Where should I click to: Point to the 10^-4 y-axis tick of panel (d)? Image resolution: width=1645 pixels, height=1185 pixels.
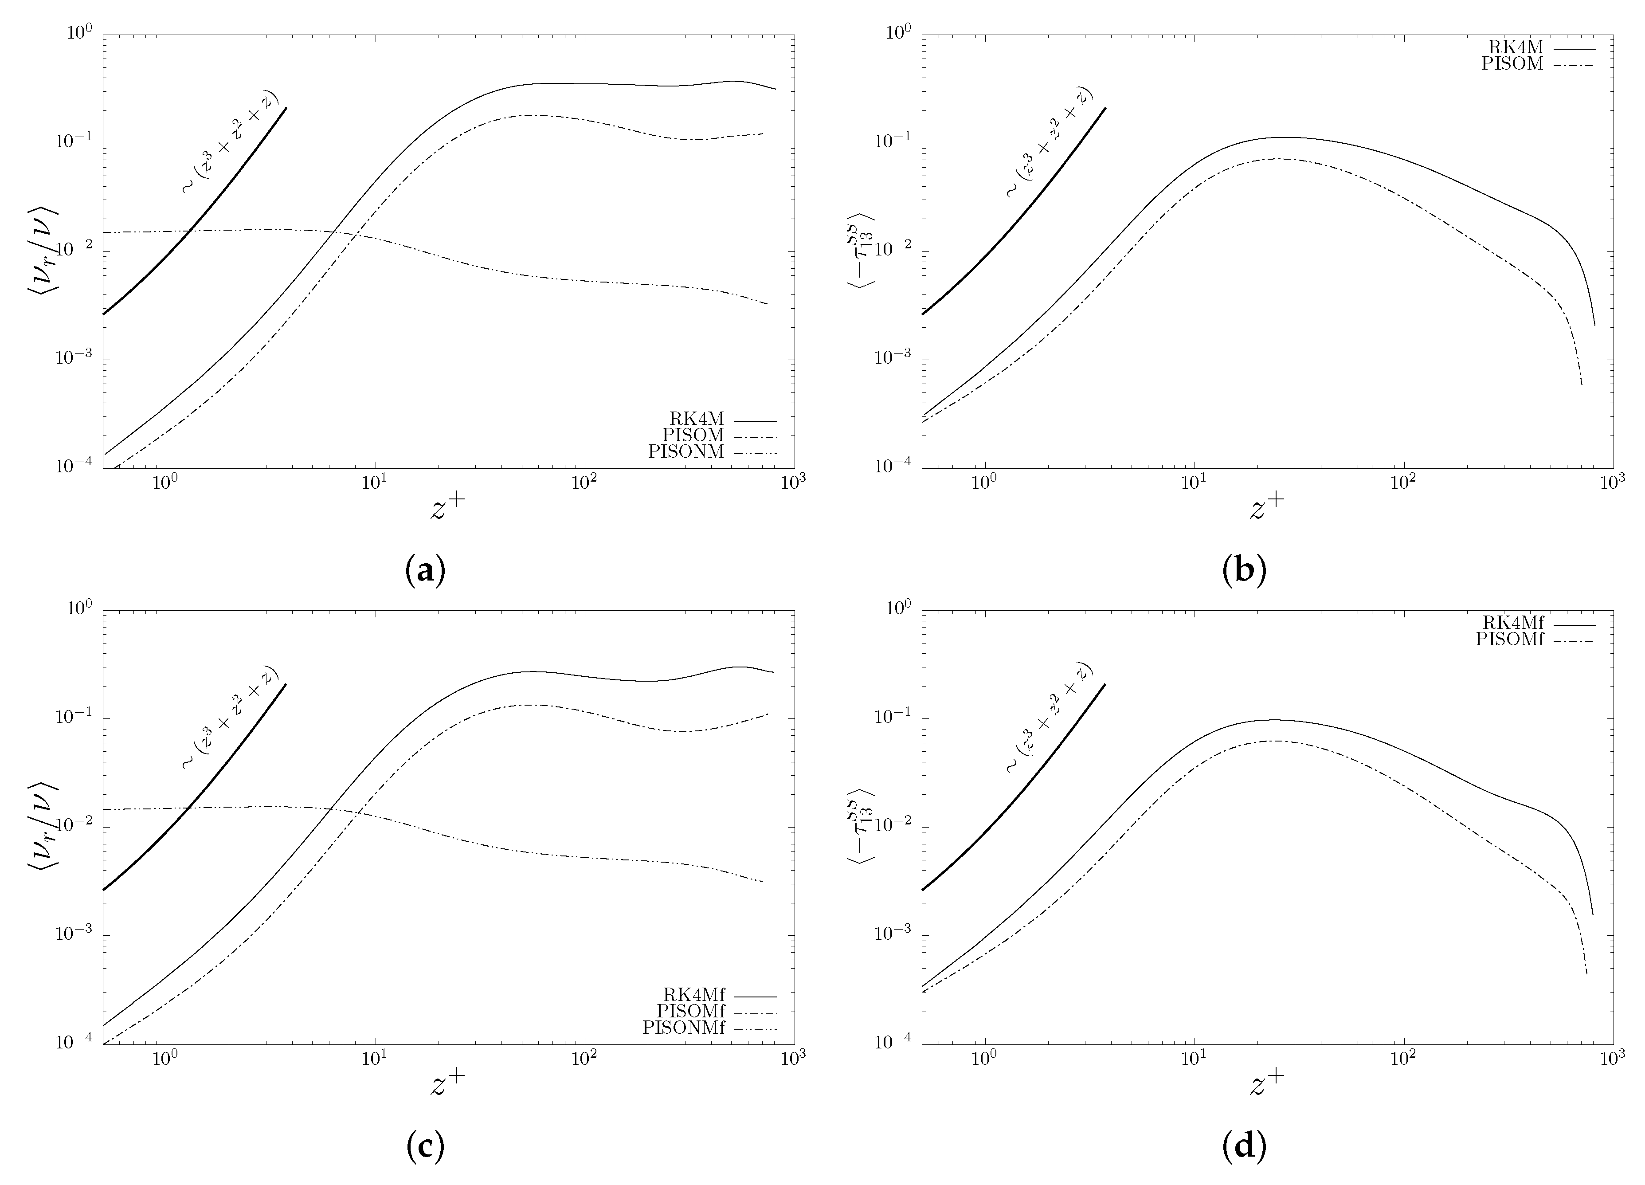click(895, 1043)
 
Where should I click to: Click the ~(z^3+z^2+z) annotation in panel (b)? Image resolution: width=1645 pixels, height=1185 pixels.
click(1049, 141)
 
